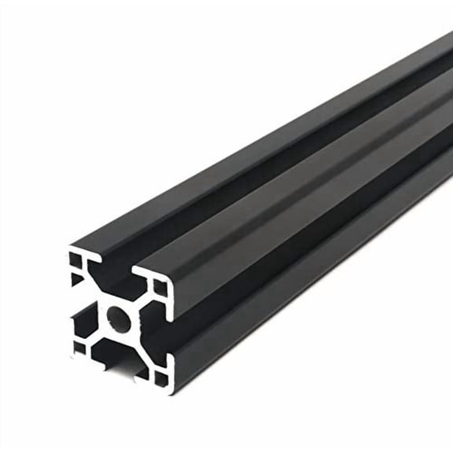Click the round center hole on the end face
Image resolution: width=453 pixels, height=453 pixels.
(x=118, y=318)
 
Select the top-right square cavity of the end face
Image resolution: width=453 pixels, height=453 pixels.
(x=160, y=287)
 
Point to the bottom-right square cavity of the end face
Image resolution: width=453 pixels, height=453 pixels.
(x=160, y=378)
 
